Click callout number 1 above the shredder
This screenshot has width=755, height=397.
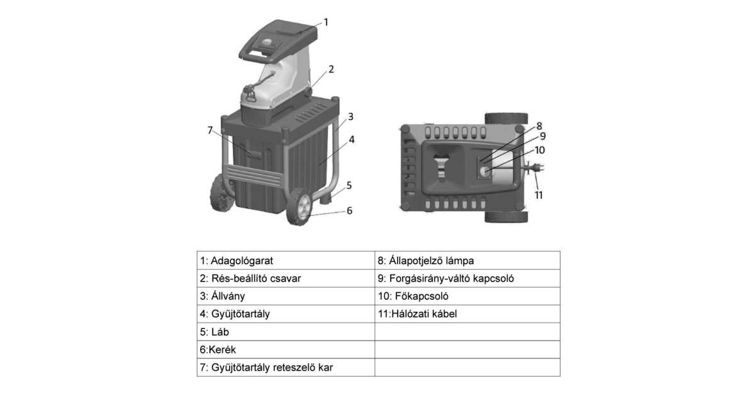pyautogui.click(x=326, y=22)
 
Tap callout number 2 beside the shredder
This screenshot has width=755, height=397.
pyautogui.click(x=331, y=69)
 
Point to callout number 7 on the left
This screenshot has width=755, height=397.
pyautogui.click(x=210, y=130)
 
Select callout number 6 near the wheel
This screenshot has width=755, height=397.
pyautogui.click(x=350, y=210)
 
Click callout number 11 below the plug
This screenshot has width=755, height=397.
pyautogui.click(x=539, y=195)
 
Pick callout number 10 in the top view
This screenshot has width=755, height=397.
pyautogui.click(x=540, y=150)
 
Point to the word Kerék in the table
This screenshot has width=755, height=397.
pyautogui.click(x=222, y=350)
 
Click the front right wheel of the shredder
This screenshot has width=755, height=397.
pyautogui.click(x=299, y=207)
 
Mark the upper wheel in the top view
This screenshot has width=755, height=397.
pyautogui.click(x=506, y=119)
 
